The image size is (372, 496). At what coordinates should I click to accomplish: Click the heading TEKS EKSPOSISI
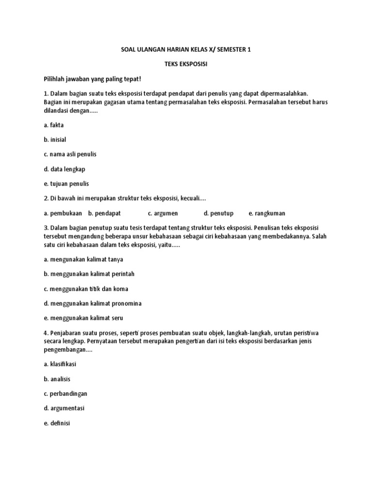click(186, 64)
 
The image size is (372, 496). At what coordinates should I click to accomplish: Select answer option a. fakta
click(54, 125)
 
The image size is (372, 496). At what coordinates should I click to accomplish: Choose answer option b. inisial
click(55, 139)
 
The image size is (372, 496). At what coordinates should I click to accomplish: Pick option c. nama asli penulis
click(70, 154)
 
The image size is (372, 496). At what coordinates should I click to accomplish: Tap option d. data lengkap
click(64, 169)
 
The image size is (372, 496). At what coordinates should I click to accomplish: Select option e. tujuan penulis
click(66, 184)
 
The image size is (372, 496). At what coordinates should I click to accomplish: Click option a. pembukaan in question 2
click(63, 213)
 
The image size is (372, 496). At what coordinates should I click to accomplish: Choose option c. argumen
click(163, 213)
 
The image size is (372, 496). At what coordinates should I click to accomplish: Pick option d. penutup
click(219, 213)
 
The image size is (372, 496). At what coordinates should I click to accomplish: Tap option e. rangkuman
click(267, 213)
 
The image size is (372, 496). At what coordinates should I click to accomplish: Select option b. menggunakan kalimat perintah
click(89, 274)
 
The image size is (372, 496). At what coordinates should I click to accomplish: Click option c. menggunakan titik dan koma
click(86, 289)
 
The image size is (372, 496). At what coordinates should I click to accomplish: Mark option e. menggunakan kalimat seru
click(83, 318)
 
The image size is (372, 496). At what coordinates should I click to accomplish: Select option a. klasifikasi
click(60, 363)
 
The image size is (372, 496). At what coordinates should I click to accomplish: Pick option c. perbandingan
click(65, 393)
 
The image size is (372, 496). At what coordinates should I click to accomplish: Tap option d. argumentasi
click(64, 408)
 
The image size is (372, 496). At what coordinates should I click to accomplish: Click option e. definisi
click(57, 422)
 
